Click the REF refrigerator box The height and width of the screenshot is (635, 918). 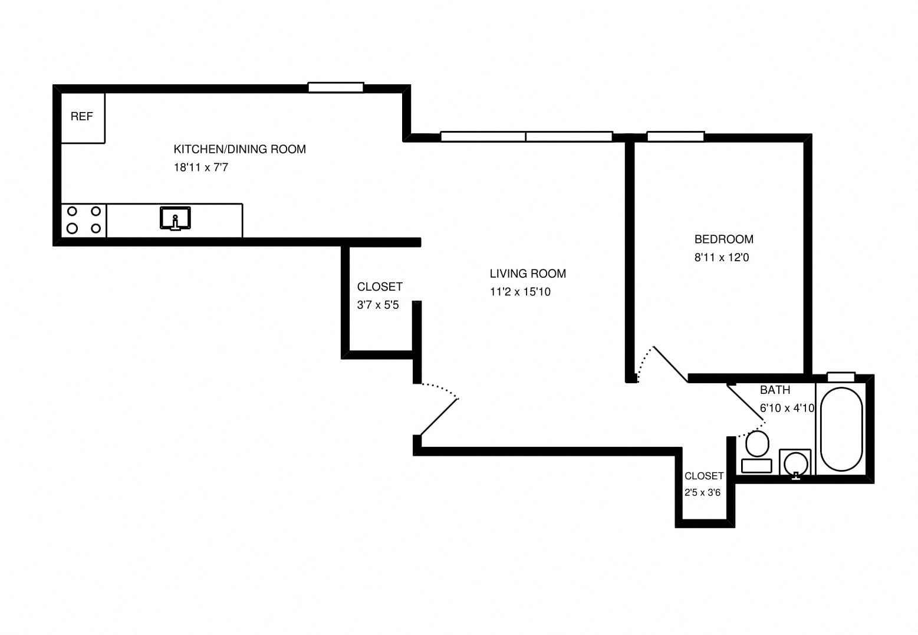point(83,117)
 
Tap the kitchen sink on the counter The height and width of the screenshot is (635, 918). point(175,218)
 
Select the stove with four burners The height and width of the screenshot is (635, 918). point(84,220)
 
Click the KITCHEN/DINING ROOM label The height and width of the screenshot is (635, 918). point(239,149)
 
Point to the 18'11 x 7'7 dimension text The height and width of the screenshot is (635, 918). point(200,167)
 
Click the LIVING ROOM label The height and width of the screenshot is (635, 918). point(527,274)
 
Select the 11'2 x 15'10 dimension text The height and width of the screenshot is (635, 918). point(519,292)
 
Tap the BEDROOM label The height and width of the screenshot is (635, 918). point(723,239)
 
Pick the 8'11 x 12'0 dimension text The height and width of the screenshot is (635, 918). point(721,258)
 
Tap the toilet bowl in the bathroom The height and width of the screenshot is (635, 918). point(757,444)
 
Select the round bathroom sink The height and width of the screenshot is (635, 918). point(795,462)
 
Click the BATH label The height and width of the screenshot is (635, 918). point(775,390)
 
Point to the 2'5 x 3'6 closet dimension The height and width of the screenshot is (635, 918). point(702,492)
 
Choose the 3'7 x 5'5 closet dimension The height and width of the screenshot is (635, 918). point(378,305)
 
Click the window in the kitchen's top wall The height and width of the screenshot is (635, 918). point(335,88)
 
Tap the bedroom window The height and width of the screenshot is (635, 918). point(675,137)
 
